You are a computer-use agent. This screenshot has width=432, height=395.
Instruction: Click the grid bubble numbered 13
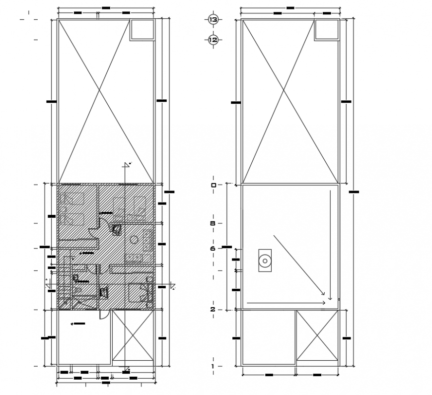click(x=213, y=20)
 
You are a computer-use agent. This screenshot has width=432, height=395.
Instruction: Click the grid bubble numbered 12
click(x=213, y=40)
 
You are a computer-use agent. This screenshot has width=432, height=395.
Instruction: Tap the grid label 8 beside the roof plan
click(x=213, y=224)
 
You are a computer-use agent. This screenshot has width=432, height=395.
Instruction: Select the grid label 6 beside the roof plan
click(x=213, y=249)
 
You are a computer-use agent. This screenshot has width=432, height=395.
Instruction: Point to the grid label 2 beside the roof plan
click(x=213, y=310)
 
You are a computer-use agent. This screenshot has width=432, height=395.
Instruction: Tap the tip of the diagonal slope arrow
click(x=324, y=294)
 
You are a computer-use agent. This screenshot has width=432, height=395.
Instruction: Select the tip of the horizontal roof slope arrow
click(x=325, y=302)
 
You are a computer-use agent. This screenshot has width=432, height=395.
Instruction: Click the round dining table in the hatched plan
click(x=134, y=240)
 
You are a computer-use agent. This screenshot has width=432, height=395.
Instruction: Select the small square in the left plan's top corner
click(x=142, y=29)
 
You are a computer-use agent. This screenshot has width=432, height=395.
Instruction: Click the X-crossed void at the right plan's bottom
click(x=317, y=335)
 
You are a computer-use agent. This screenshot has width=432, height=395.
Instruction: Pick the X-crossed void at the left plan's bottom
click(x=133, y=335)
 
